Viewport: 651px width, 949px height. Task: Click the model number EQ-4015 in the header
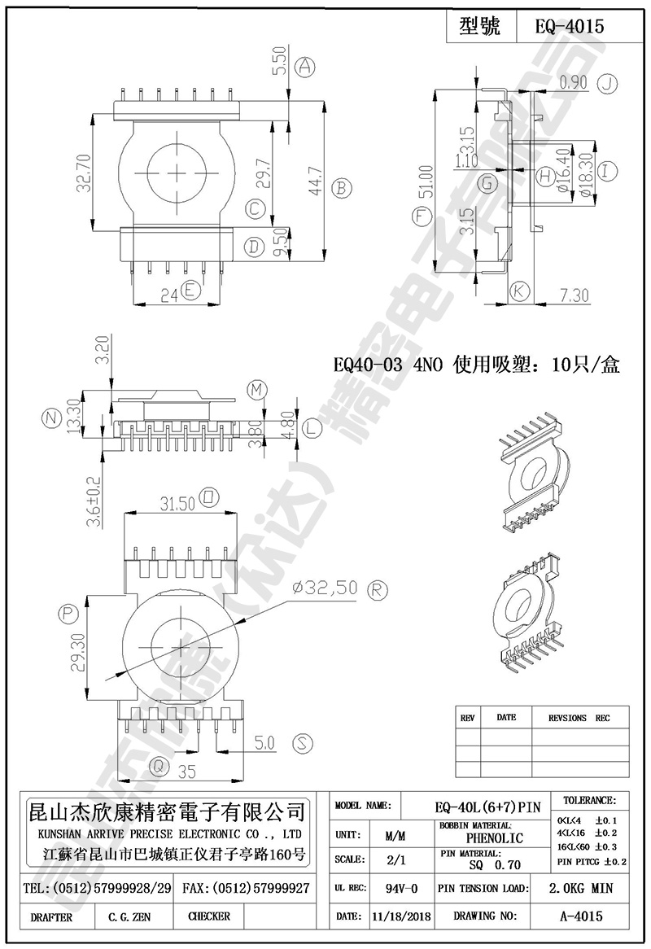[569, 26]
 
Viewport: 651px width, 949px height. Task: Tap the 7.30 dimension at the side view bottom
[574, 296]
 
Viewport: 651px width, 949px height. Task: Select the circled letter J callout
[608, 82]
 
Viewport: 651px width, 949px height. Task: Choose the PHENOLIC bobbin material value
[494, 837]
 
